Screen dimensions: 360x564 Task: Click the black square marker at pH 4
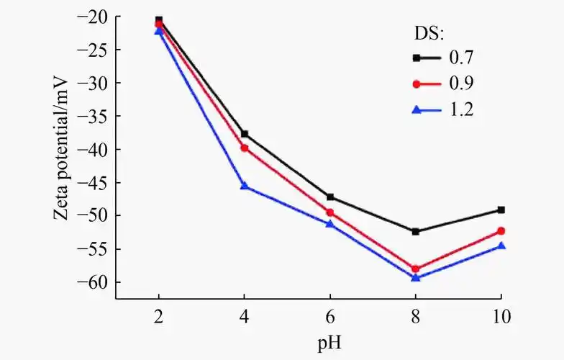pyautogui.click(x=245, y=134)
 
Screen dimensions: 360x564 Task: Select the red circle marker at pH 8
pyautogui.click(x=416, y=269)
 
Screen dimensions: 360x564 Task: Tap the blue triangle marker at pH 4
pyautogui.click(x=245, y=186)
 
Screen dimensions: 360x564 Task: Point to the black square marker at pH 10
pyautogui.click(x=501, y=210)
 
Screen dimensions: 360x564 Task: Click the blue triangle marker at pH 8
pyautogui.click(x=416, y=277)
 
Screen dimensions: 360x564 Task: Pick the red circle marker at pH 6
pyautogui.click(x=330, y=212)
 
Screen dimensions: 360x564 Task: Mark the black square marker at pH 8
pyautogui.click(x=416, y=231)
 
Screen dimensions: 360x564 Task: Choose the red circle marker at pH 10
pyautogui.click(x=501, y=230)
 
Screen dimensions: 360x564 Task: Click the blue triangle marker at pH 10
pyautogui.click(x=501, y=246)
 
